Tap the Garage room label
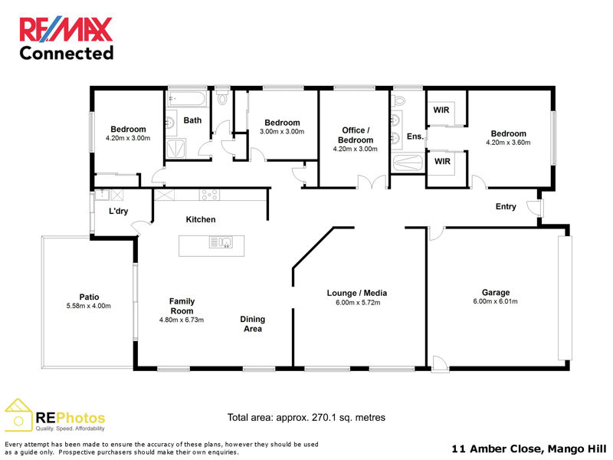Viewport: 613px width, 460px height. coord(495,292)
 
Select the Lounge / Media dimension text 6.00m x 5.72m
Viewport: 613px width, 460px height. coord(358,302)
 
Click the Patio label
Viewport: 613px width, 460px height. coord(89,297)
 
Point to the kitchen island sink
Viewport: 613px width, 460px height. coord(221,242)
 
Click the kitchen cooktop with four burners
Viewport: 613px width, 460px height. coord(209,195)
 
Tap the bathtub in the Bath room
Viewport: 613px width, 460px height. coord(186,100)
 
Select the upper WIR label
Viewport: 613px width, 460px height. coord(441,110)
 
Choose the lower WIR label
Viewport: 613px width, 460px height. coord(442,161)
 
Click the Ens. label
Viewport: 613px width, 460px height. coord(415,136)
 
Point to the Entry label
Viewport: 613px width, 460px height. coord(506,206)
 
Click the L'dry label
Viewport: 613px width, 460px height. coord(118,212)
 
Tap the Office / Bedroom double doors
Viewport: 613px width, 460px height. coord(372,182)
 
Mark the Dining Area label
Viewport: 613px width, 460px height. coord(253,324)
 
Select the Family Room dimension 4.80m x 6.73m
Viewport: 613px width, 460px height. coord(182,320)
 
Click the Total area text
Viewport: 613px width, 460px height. coord(306,417)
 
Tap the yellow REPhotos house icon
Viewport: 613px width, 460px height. coord(18,415)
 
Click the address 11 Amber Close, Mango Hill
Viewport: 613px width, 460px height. coord(529,449)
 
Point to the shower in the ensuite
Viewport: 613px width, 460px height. coord(408,163)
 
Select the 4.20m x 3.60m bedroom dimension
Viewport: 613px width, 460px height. coord(508,143)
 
